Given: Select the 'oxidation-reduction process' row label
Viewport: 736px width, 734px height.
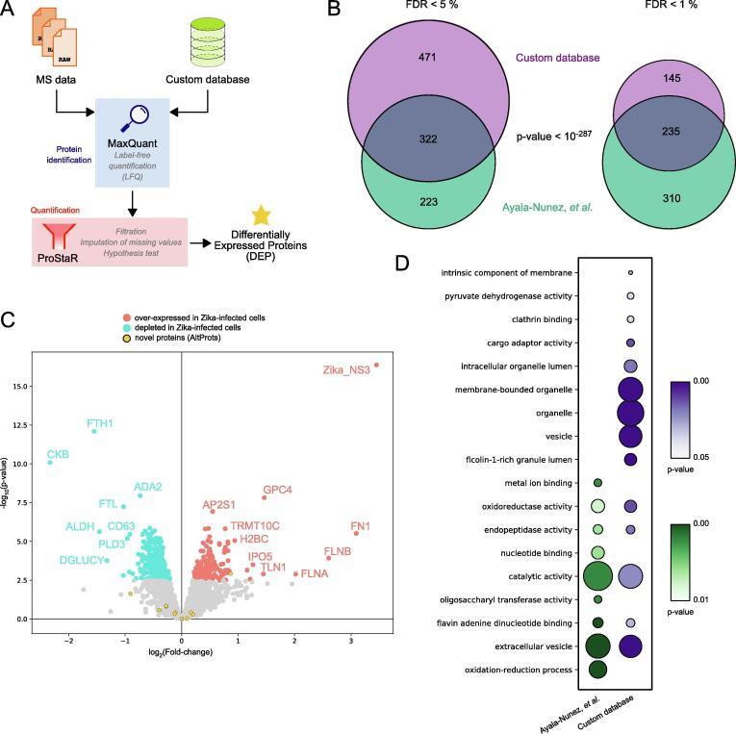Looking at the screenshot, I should point(518,670).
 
